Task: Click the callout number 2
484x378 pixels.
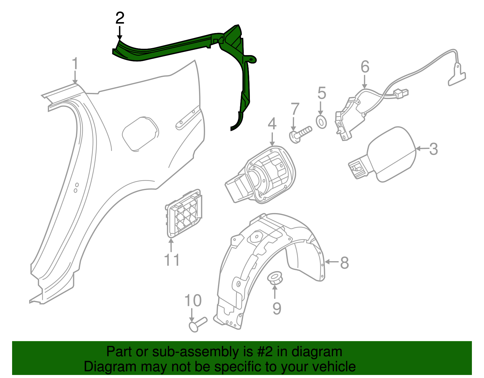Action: [x=120, y=18]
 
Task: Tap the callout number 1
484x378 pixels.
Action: [x=75, y=64]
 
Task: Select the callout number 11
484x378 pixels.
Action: [x=172, y=260]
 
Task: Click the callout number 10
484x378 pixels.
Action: [x=193, y=301]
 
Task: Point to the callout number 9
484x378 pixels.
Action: [x=276, y=308]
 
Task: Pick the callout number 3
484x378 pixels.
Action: [x=433, y=149]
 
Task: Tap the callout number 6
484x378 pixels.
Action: [x=365, y=67]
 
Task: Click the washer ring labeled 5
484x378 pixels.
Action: [x=321, y=122]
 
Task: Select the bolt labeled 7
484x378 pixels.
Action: [x=300, y=134]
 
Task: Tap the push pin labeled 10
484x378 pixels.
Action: [x=198, y=324]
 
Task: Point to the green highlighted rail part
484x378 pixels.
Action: [x=181, y=47]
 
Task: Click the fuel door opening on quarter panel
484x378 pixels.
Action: [x=140, y=133]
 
